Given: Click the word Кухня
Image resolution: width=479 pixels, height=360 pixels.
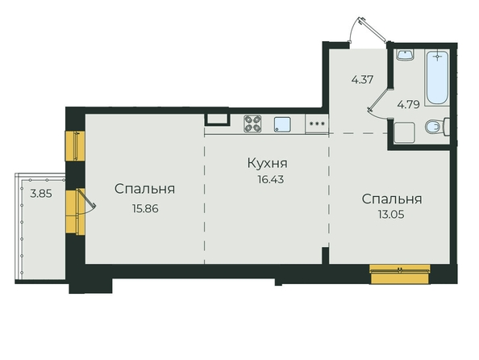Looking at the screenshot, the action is click(x=267, y=163).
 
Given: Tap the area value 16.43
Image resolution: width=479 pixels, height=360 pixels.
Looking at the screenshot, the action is click(x=271, y=179).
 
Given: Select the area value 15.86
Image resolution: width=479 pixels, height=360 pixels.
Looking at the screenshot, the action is click(x=145, y=209).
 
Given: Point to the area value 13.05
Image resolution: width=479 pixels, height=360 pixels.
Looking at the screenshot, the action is click(x=391, y=215).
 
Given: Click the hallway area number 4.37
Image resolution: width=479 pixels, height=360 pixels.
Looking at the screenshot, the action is click(x=362, y=80).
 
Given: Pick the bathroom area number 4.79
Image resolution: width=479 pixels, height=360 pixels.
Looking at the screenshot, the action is click(x=408, y=105).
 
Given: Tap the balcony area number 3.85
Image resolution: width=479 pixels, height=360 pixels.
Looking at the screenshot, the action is click(x=41, y=194).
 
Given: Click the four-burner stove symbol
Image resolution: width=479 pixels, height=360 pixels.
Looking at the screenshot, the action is click(x=252, y=123).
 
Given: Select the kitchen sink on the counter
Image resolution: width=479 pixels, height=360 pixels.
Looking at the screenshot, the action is click(x=282, y=124).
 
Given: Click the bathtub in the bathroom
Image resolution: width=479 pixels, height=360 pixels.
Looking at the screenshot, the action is click(x=437, y=77).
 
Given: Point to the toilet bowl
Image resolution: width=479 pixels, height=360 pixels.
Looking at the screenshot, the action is click(x=437, y=127).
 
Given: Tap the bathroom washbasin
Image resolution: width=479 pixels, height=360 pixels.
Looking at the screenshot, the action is click(x=405, y=55).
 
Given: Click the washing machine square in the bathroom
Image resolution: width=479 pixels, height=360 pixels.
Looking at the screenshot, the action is click(x=404, y=132).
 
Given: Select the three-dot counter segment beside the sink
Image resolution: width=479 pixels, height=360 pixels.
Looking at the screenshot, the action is click(x=317, y=123).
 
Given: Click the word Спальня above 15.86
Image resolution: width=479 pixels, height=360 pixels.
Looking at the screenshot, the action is click(x=144, y=189).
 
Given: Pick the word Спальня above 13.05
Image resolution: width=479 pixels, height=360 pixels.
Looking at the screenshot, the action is click(x=392, y=199).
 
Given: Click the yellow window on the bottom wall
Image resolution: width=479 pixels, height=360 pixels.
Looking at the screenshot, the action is click(x=400, y=274).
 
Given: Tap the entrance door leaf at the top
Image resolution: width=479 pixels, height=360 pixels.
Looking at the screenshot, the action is click(x=373, y=29).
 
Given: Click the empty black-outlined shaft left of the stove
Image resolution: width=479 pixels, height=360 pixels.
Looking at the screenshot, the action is click(x=217, y=119).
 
